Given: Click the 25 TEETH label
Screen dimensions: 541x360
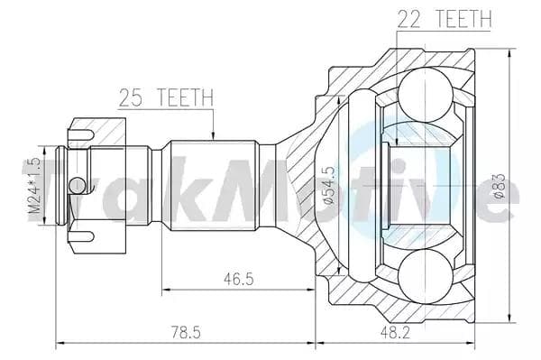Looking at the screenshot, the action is coord(166,97).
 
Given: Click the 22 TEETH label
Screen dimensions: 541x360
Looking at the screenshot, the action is coord(445,19).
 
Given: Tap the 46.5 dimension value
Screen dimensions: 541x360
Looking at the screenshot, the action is coord(238,279).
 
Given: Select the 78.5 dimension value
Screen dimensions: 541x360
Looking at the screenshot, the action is coord(186,332).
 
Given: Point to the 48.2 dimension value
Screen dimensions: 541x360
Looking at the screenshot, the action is coord(395,332).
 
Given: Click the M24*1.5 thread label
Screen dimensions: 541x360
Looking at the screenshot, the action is coord(34,185).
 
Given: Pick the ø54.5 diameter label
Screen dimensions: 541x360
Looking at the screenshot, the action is coord(329,185).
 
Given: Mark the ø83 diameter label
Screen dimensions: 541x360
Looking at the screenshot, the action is coord(500,185).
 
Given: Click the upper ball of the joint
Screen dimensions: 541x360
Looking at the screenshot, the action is coord(425,95).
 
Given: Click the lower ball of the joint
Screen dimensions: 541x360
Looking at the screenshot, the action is coord(425,277).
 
